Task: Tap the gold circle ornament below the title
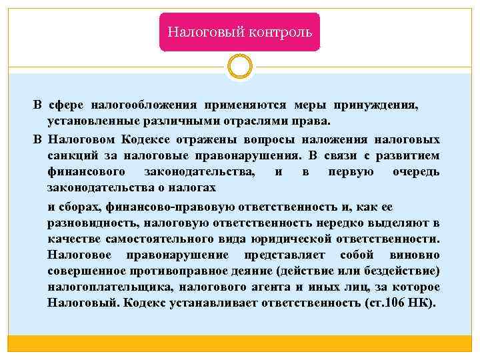(240, 67)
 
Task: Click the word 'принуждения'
(381, 105)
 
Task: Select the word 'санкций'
(71, 155)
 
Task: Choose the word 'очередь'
(416, 172)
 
